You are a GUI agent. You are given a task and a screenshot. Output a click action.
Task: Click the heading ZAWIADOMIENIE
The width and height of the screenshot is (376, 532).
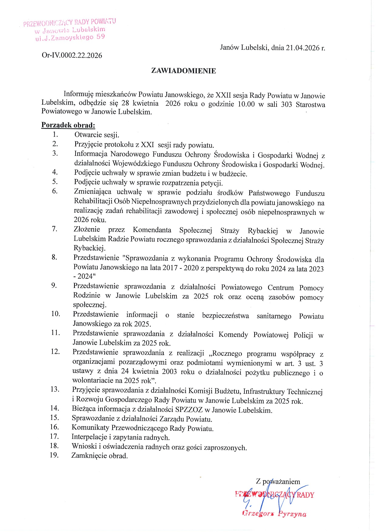pyautogui.click(x=183, y=71)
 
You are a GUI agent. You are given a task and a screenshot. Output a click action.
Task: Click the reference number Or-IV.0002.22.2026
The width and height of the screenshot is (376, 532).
pyautogui.click(x=72, y=55)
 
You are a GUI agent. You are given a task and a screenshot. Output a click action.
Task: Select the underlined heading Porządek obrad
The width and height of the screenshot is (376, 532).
pyautogui.click(x=68, y=125)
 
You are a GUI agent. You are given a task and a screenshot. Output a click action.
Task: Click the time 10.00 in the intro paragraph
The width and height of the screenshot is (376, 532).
pyautogui.click(x=246, y=104)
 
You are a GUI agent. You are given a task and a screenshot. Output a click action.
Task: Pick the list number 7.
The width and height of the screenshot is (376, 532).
pyautogui.click(x=55, y=229)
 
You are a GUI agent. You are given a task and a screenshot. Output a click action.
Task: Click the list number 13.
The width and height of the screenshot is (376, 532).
pyautogui.click(x=55, y=389)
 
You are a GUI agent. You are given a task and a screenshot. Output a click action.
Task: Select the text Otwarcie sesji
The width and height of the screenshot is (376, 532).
pyautogui.click(x=97, y=135)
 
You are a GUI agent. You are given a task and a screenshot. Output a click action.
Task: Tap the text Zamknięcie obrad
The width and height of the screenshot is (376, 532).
pyautogui.click(x=99, y=456)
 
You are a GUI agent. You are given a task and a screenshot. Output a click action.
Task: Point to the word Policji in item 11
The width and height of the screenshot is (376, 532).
pyautogui.click(x=303, y=335)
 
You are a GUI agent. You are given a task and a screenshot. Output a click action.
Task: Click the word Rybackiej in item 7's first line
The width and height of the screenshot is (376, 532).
pyautogui.click(x=263, y=231)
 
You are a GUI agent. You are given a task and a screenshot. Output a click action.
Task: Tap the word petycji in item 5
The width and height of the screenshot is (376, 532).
pyautogui.click(x=212, y=183)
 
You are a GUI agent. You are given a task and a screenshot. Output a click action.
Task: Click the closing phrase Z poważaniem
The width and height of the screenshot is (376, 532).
pyautogui.click(x=278, y=481)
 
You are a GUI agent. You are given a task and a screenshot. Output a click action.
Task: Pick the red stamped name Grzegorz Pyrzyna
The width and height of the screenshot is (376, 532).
pyautogui.click(x=274, y=514)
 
